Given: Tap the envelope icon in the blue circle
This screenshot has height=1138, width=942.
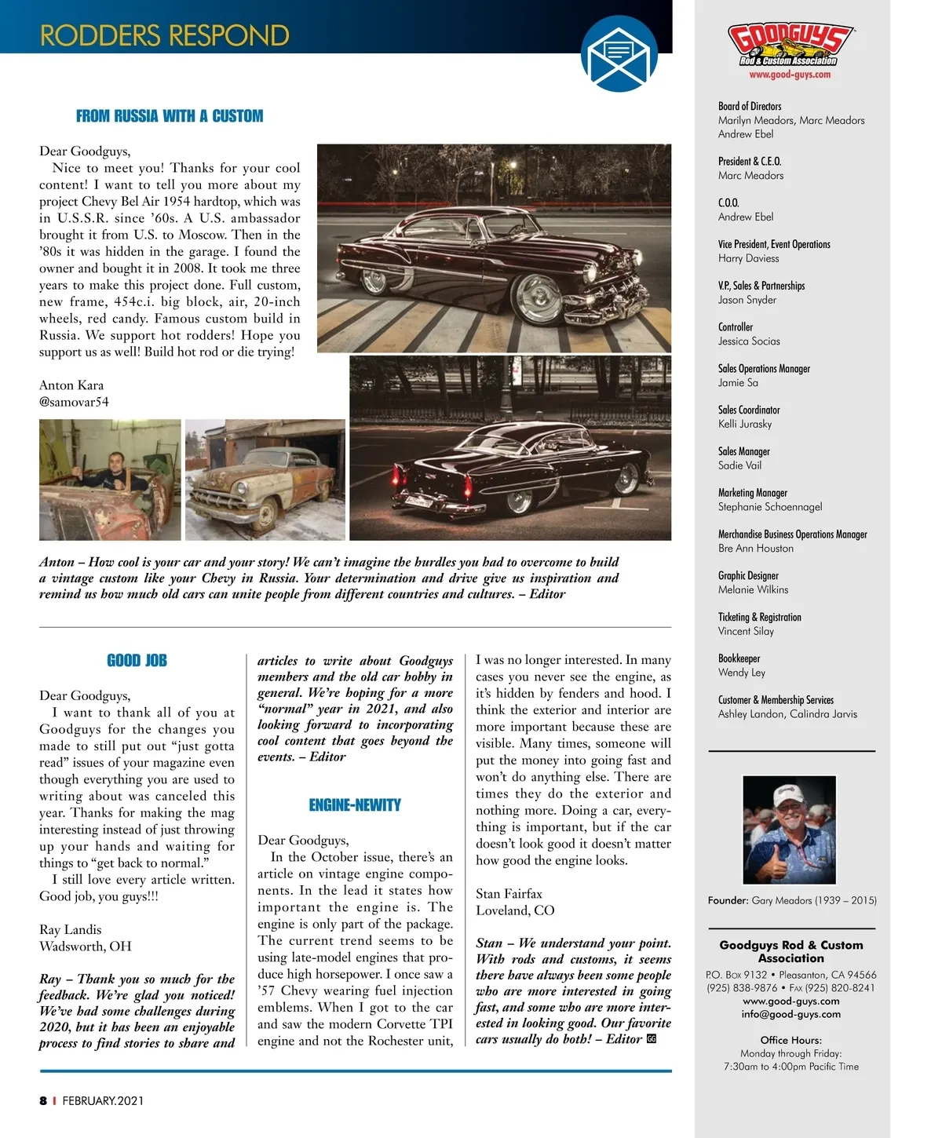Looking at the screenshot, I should tap(619, 54).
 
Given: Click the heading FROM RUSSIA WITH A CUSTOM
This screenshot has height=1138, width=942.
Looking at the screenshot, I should tap(170, 116).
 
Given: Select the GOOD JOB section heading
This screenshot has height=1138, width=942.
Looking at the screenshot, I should tap(137, 661).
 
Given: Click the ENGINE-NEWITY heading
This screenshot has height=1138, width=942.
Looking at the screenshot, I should tap(355, 805).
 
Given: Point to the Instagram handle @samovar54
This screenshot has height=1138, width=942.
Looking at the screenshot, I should tap(74, 402).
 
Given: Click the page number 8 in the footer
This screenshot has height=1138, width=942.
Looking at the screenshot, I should tap(43, 1100).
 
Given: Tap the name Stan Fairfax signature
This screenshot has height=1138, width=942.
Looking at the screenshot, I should tap(509, 894).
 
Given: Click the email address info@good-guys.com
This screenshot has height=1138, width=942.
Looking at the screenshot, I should tap(791, 1014).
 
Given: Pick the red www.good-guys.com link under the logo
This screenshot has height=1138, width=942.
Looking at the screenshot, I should tap(790, 75).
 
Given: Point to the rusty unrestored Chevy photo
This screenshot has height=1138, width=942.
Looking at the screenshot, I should tap(265, 480).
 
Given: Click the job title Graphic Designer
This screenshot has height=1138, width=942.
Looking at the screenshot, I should tap(748, 576).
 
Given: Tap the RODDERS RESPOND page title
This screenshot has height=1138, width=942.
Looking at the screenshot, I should tap(165, 35).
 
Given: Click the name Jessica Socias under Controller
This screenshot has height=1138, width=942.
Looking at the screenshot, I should tap(749, 341).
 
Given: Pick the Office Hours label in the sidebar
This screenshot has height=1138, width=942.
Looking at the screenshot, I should tap(791, 1040).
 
